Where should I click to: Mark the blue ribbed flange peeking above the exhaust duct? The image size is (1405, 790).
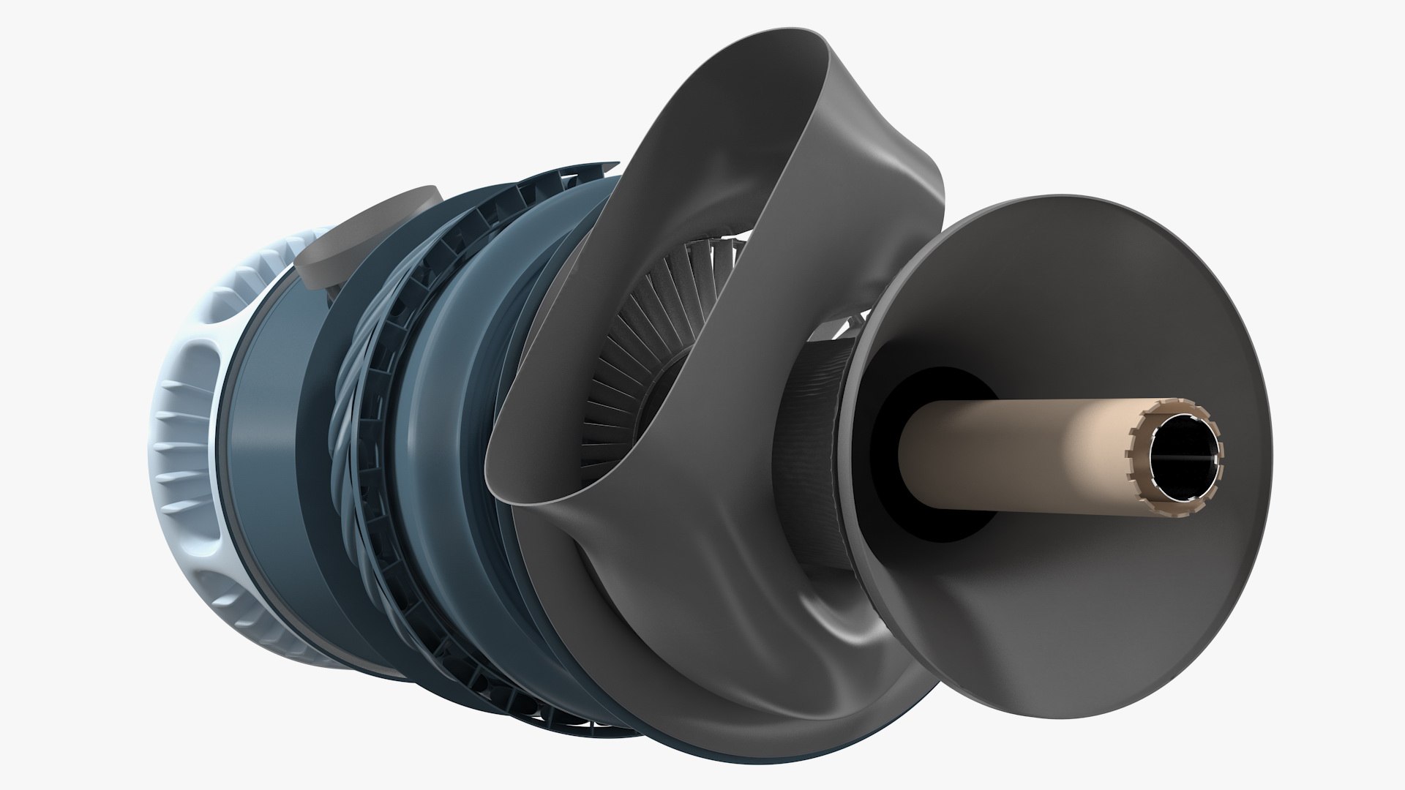pyautogui.click(x=556, y=183)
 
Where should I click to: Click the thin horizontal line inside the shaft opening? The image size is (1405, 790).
pyautogui.click(x=1185, y=459)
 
